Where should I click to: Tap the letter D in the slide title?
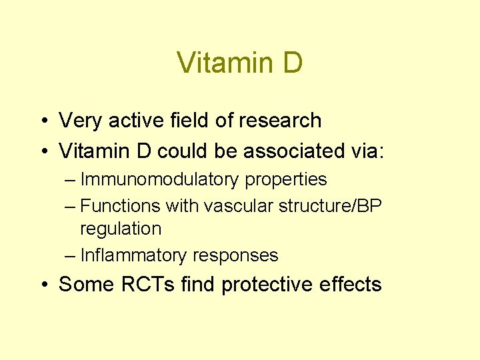291,63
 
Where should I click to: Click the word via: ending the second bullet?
365,151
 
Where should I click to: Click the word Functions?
121,207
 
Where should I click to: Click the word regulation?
121,229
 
